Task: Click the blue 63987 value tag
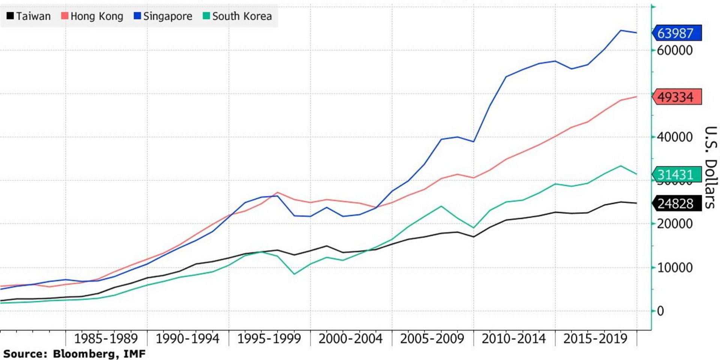(x=676, y=33)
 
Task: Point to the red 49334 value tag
(x=676, y=97)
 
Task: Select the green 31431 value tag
(x=676, y=174)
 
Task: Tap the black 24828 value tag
(x=676, y=203)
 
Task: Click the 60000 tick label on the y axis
(x=675, y=50)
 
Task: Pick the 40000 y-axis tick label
(x=675, y=137)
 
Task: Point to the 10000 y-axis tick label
(x=675, y=267)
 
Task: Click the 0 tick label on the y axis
(x=660, y=311)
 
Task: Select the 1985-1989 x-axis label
(x=106, y=339)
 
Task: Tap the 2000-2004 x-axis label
(x=351, y=339)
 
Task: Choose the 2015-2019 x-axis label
(x=595, y=339)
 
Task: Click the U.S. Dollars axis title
(x=711, y=167)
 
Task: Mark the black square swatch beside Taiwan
(x=10, y=16)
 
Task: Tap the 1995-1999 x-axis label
(x=269, y=339)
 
